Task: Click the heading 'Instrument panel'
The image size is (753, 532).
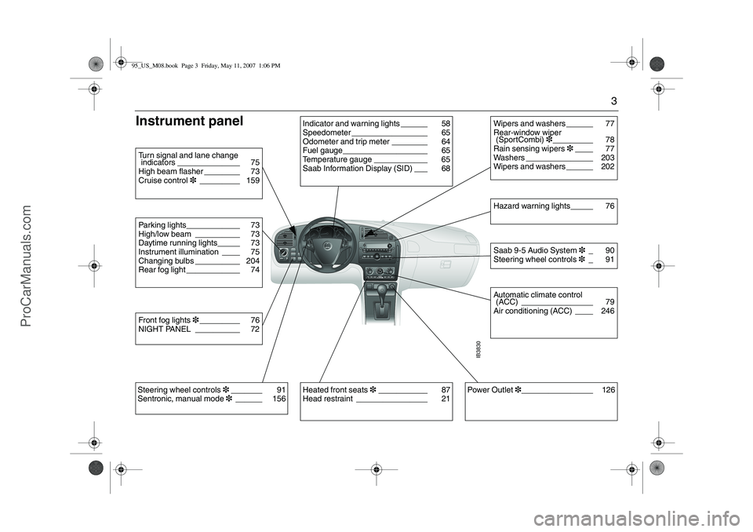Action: [x=190, y=121]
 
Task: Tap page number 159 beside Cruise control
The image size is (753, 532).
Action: [x=253, y=180]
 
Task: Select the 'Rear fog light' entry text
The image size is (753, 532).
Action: [x=162, y=270]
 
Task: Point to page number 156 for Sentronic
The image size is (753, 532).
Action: [x=278, y=399]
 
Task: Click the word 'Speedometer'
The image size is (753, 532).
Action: [x=326, y=133]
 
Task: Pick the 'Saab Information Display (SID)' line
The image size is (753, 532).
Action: [x=357, y=169]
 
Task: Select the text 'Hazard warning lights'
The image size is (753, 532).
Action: [x=531, y=206]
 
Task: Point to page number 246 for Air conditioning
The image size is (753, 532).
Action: [x=606, y=311]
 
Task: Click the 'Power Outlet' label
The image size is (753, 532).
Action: [x=490, y=390]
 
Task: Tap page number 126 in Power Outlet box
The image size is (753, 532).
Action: [x=609, y=390]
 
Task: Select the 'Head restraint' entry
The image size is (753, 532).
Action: [x=327, y=399]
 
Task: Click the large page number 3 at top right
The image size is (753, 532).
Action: [x=613, y=100]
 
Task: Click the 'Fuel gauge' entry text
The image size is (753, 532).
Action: [x=322, y=151]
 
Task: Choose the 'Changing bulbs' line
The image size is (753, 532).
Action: [x=166, y=261]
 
